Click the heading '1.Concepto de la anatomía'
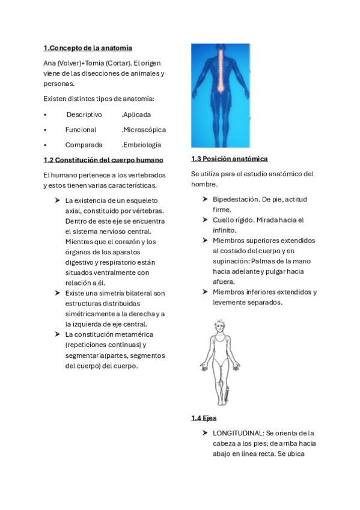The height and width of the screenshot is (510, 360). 88,48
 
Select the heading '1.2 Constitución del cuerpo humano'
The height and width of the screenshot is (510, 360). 103,159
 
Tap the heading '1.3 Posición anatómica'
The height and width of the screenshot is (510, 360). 229,159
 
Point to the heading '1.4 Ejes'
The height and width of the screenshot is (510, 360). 204,417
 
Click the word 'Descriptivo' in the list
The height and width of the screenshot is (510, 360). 84,114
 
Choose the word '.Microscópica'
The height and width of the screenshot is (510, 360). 144,129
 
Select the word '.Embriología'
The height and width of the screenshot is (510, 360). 141,144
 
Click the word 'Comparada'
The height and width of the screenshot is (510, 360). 84,144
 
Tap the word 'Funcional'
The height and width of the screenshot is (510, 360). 81,129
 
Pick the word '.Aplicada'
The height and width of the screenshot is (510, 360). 136,114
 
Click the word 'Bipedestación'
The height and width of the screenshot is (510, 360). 236,199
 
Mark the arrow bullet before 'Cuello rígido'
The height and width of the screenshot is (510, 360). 206,220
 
